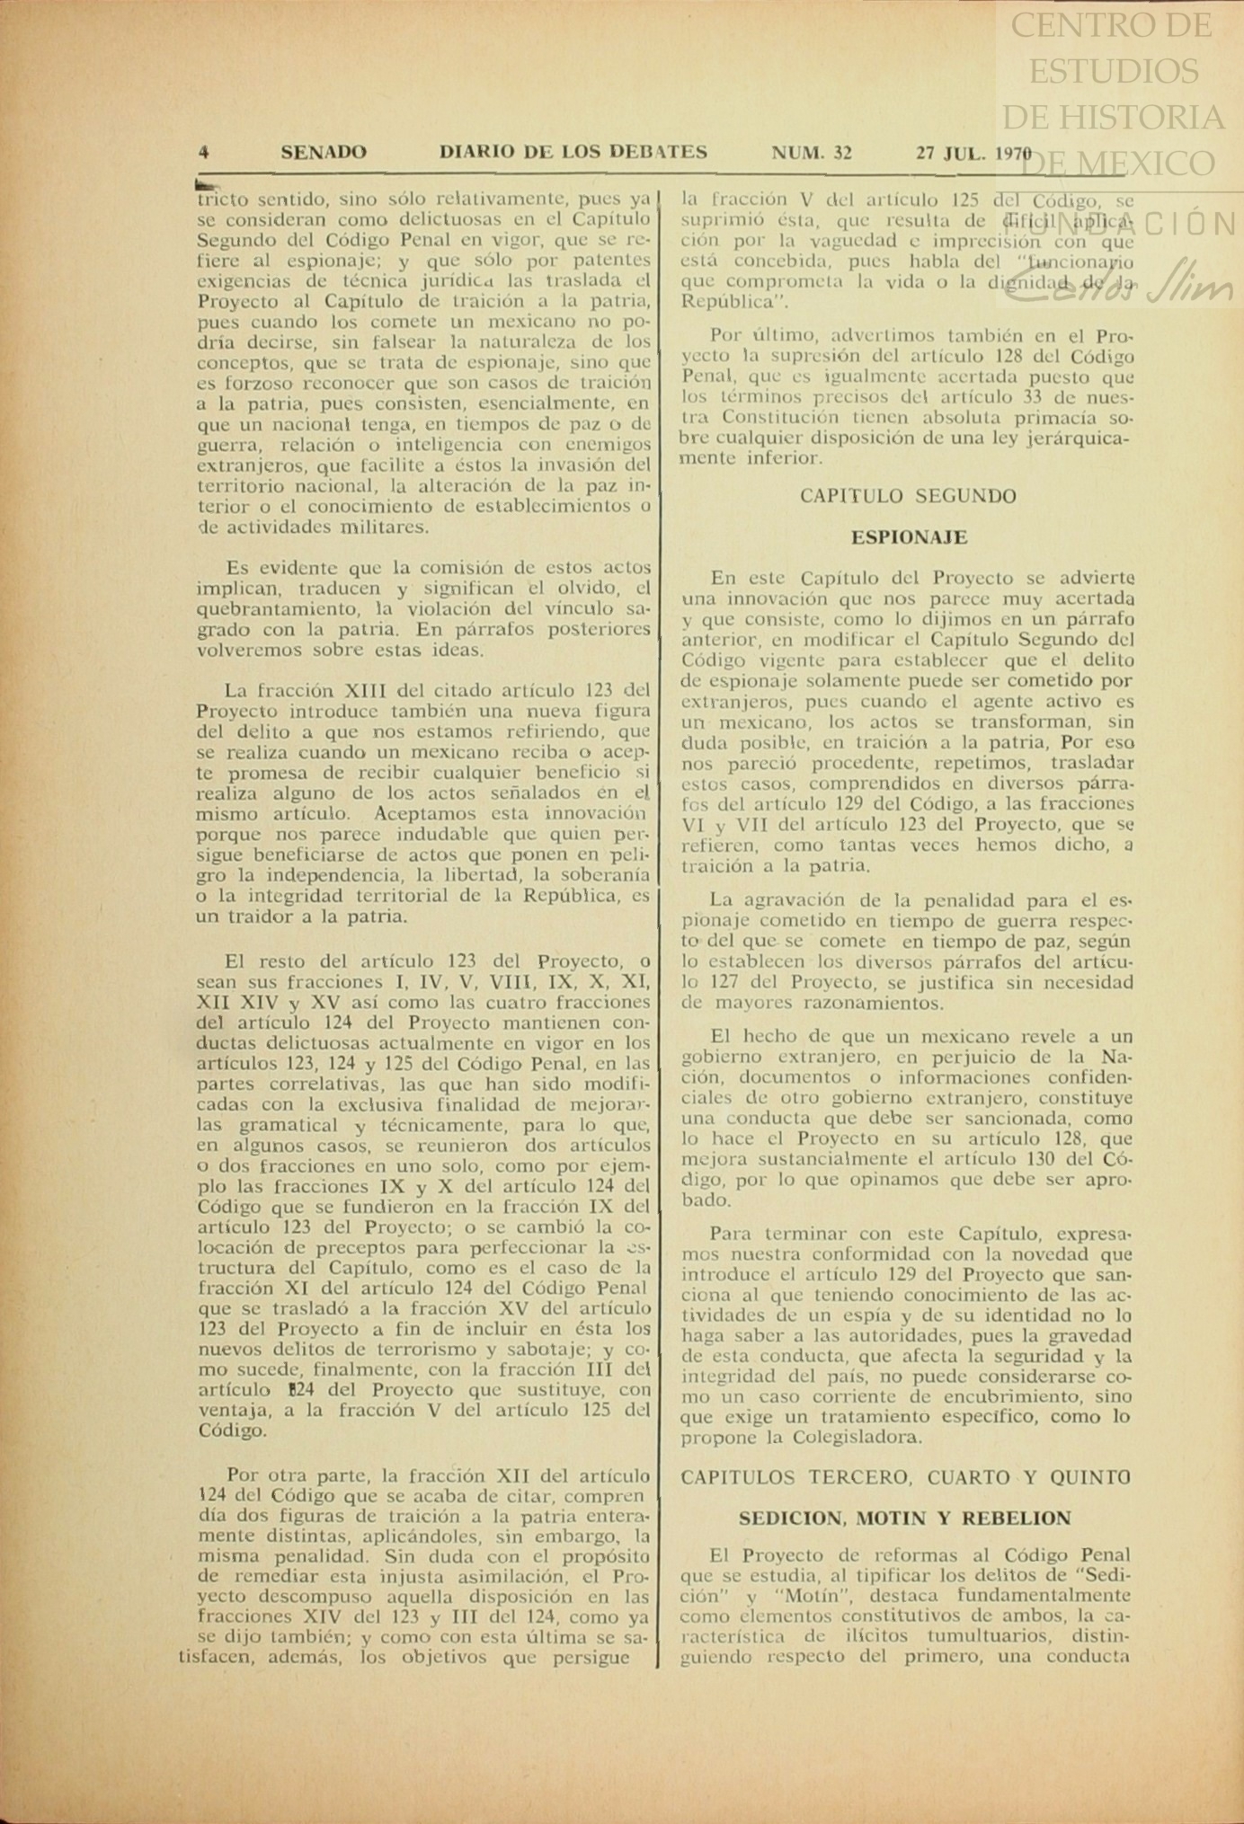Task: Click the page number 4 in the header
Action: click(204, 153)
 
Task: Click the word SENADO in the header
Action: click(324, 153)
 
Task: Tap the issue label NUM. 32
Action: click(813, 153)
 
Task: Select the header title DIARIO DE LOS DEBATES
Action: click(573, 153)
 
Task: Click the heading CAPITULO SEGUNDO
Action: click(908, 496)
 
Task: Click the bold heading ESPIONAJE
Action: click(909, 537)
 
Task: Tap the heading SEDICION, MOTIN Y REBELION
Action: click(905, 1519)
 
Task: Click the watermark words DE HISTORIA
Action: click(1113, 117)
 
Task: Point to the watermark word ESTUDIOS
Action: click(1113, 71)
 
